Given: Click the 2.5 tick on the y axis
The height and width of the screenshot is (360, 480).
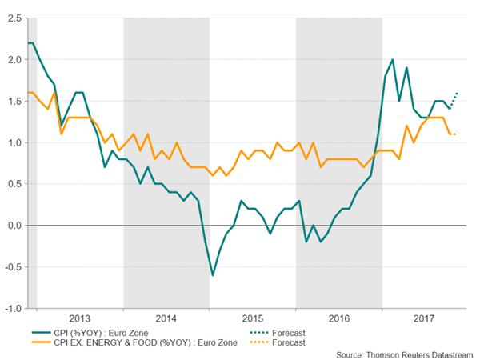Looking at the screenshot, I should pyautogui.click(x=14, y=18).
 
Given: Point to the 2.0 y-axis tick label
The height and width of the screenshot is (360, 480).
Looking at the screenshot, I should pyautogui.click(x=14, y=59).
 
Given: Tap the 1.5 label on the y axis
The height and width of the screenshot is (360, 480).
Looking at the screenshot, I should pyautogui.click(x=14, y=101).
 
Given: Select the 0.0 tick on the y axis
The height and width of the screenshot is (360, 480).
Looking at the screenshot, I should pyautogui.click(x=14, y=226).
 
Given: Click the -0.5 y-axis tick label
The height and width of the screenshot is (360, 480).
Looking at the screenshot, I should pyautogui.click(x=12, y=267).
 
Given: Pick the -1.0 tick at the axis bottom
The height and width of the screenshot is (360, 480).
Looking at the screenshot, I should pyautogui.click(x=12, y=308).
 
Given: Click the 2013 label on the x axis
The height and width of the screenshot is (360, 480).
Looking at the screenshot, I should pyautogui.click(x=80, y=318).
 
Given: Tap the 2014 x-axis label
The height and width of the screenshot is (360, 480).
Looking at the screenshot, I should pyautogui.click(x=166, y=318).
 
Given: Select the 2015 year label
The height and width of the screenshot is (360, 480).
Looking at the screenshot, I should pyautogui.click(x=253, y=318).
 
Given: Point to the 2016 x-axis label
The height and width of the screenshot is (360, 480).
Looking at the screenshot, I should pyautogui.click(x=339, y=318).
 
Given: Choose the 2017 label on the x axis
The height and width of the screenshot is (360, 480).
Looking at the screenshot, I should pyautogui.click(x=425, y=318).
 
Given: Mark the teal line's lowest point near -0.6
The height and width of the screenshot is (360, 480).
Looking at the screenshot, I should pyautogui.click(x=213, y=275).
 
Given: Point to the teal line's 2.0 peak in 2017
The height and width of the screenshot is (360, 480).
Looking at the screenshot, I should pyautogui.click(x=392, y=59).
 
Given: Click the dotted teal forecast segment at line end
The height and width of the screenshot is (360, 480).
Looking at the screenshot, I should pyautogui.click(x=454, y=99).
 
